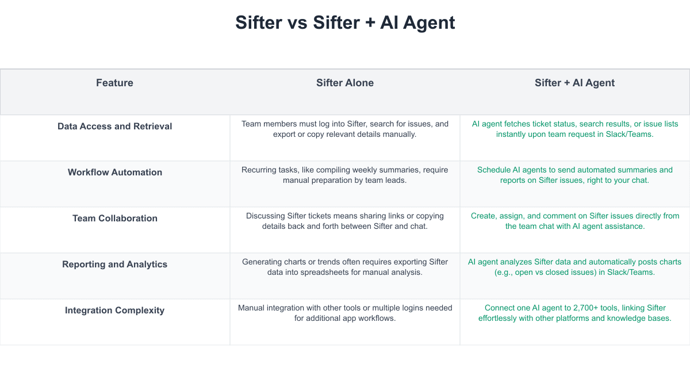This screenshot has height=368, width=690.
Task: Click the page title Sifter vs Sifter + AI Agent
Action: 345,23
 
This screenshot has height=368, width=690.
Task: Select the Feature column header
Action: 114,83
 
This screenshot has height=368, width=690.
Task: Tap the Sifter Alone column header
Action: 345,83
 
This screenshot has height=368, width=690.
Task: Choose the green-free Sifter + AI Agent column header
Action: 574,83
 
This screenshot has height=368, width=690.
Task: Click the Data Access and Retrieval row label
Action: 114,126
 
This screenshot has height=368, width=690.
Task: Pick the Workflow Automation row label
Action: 115,172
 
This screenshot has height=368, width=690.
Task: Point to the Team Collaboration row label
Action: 115,218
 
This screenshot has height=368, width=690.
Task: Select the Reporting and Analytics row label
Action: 114,264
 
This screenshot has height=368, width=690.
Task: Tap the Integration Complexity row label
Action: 114,310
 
